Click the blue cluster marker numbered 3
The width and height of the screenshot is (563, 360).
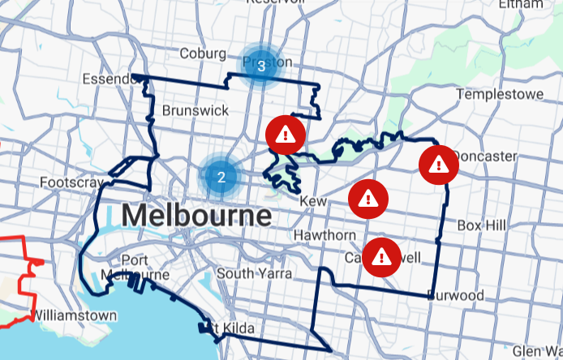(261, 66)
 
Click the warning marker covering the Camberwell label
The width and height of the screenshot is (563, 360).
(381, 257)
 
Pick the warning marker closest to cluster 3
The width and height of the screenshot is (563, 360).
(286, 135)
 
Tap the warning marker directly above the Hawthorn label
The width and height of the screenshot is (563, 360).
(368, 198)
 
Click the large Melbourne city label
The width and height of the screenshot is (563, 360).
(196, 216)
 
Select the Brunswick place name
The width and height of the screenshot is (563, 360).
(196, 109)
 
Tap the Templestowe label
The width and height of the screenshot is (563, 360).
(500, 94)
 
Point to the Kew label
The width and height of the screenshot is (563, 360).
(312, 200)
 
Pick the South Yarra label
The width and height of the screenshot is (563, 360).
(255, 273)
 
